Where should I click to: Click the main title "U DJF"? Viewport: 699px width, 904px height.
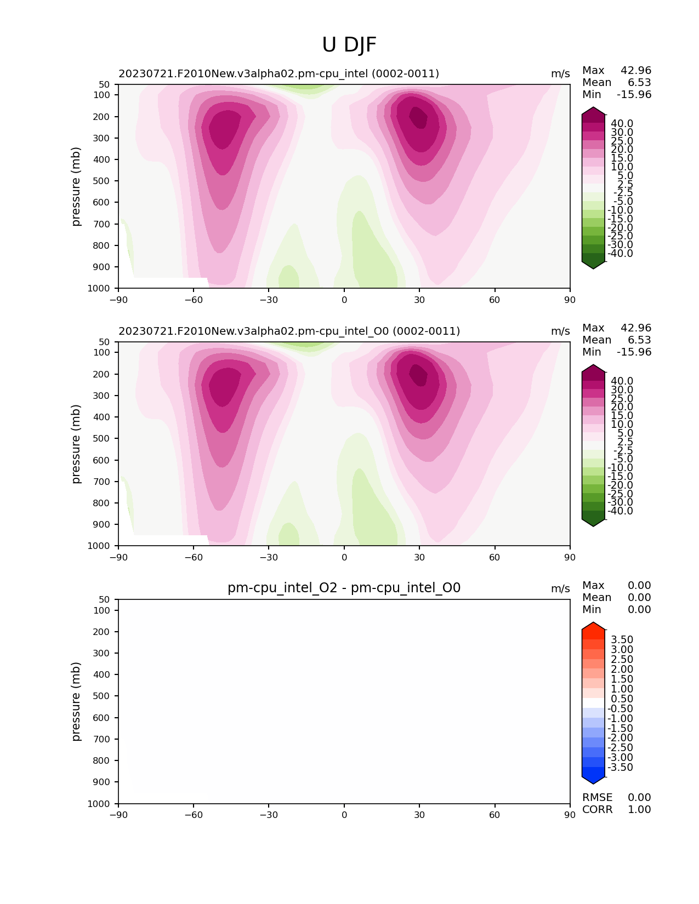349,45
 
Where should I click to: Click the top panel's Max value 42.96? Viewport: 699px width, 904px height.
635,71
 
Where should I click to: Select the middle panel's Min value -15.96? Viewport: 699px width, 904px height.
634,352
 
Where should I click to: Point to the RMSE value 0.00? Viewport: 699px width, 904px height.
639,798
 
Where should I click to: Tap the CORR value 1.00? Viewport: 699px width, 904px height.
639,810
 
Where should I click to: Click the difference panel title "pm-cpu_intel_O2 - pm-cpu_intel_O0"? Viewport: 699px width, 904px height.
344,588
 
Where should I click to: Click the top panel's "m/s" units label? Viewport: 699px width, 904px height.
560,74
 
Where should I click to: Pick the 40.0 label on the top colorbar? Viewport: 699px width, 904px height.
622,124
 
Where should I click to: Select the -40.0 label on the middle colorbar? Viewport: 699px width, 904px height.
620,511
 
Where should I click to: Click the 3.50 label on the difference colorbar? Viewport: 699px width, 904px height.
622,640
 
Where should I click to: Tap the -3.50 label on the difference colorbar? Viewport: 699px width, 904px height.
620,768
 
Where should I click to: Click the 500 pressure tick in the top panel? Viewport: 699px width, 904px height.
102,181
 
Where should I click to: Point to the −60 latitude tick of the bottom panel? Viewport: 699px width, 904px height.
194,815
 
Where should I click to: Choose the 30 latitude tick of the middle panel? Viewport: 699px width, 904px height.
419,557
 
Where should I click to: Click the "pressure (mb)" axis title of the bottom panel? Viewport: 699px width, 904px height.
76,701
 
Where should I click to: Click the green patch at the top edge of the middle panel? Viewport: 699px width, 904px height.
307,345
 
